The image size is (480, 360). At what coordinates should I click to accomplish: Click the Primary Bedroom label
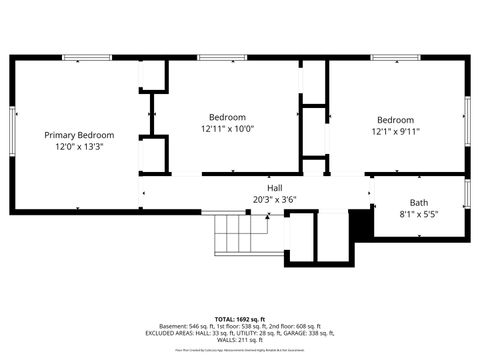point(79,135)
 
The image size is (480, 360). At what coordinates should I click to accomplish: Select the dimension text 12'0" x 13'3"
point(79,147)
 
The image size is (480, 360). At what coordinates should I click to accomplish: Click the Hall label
point(274,188)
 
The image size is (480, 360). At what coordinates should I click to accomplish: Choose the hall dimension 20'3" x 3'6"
point(274,199)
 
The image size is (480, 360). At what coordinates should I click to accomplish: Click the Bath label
point(419,203)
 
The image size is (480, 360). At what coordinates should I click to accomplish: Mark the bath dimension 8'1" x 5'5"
point(419,214)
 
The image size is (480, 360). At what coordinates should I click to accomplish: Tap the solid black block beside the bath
point(361,225)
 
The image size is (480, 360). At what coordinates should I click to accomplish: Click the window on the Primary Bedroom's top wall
point(87,58)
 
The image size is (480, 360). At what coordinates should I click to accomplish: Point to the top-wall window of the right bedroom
point(388,58)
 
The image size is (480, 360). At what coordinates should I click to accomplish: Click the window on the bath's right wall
point(467,192)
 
